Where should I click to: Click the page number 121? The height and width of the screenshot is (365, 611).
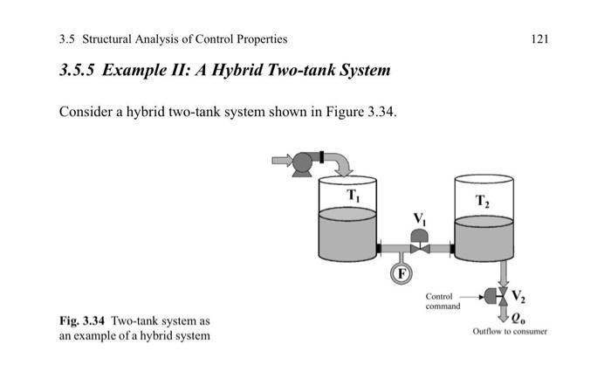pyautogui.click(x=540, y=39)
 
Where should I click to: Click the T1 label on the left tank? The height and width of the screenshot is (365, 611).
pyautogui.click(x=353, y=196)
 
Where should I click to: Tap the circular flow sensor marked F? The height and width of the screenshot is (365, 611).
pyautogui.click(x=401, y=274)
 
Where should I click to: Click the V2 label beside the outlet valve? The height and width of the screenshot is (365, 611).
pyautogui.click(x=518, y=295)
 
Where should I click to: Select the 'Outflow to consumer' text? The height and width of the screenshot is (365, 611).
pyautogui.click(x=510, y=332)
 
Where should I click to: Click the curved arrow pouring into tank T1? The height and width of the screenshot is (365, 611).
pyautogui.click(x=341, y=163)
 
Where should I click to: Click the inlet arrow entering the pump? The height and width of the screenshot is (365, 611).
pyautogui.click(x=282, y=161)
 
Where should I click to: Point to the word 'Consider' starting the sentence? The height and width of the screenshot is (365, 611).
pyautogui.click(x=85, y=113)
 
